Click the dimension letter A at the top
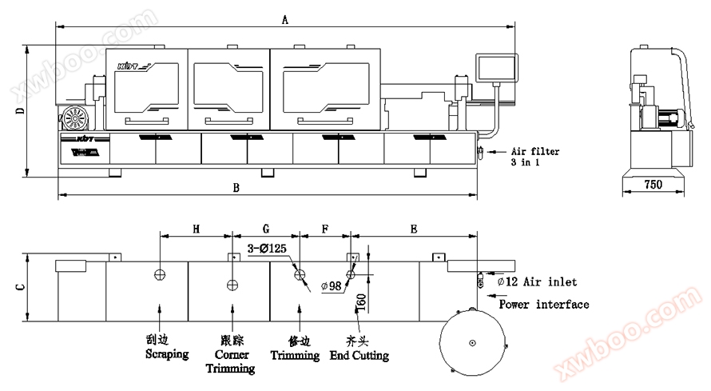(x=284, y=19)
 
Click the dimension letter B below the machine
(x=236, y=188)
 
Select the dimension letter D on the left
(x=20, y=110)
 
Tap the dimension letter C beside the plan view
(x=20, y=287)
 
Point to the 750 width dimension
(x=653, y=185)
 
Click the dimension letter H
(x=196, y=229)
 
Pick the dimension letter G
(x=266, y=229)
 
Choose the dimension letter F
(x=325, y=229)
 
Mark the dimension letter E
(x=414, y=229)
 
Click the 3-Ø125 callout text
(x=267, y=248)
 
